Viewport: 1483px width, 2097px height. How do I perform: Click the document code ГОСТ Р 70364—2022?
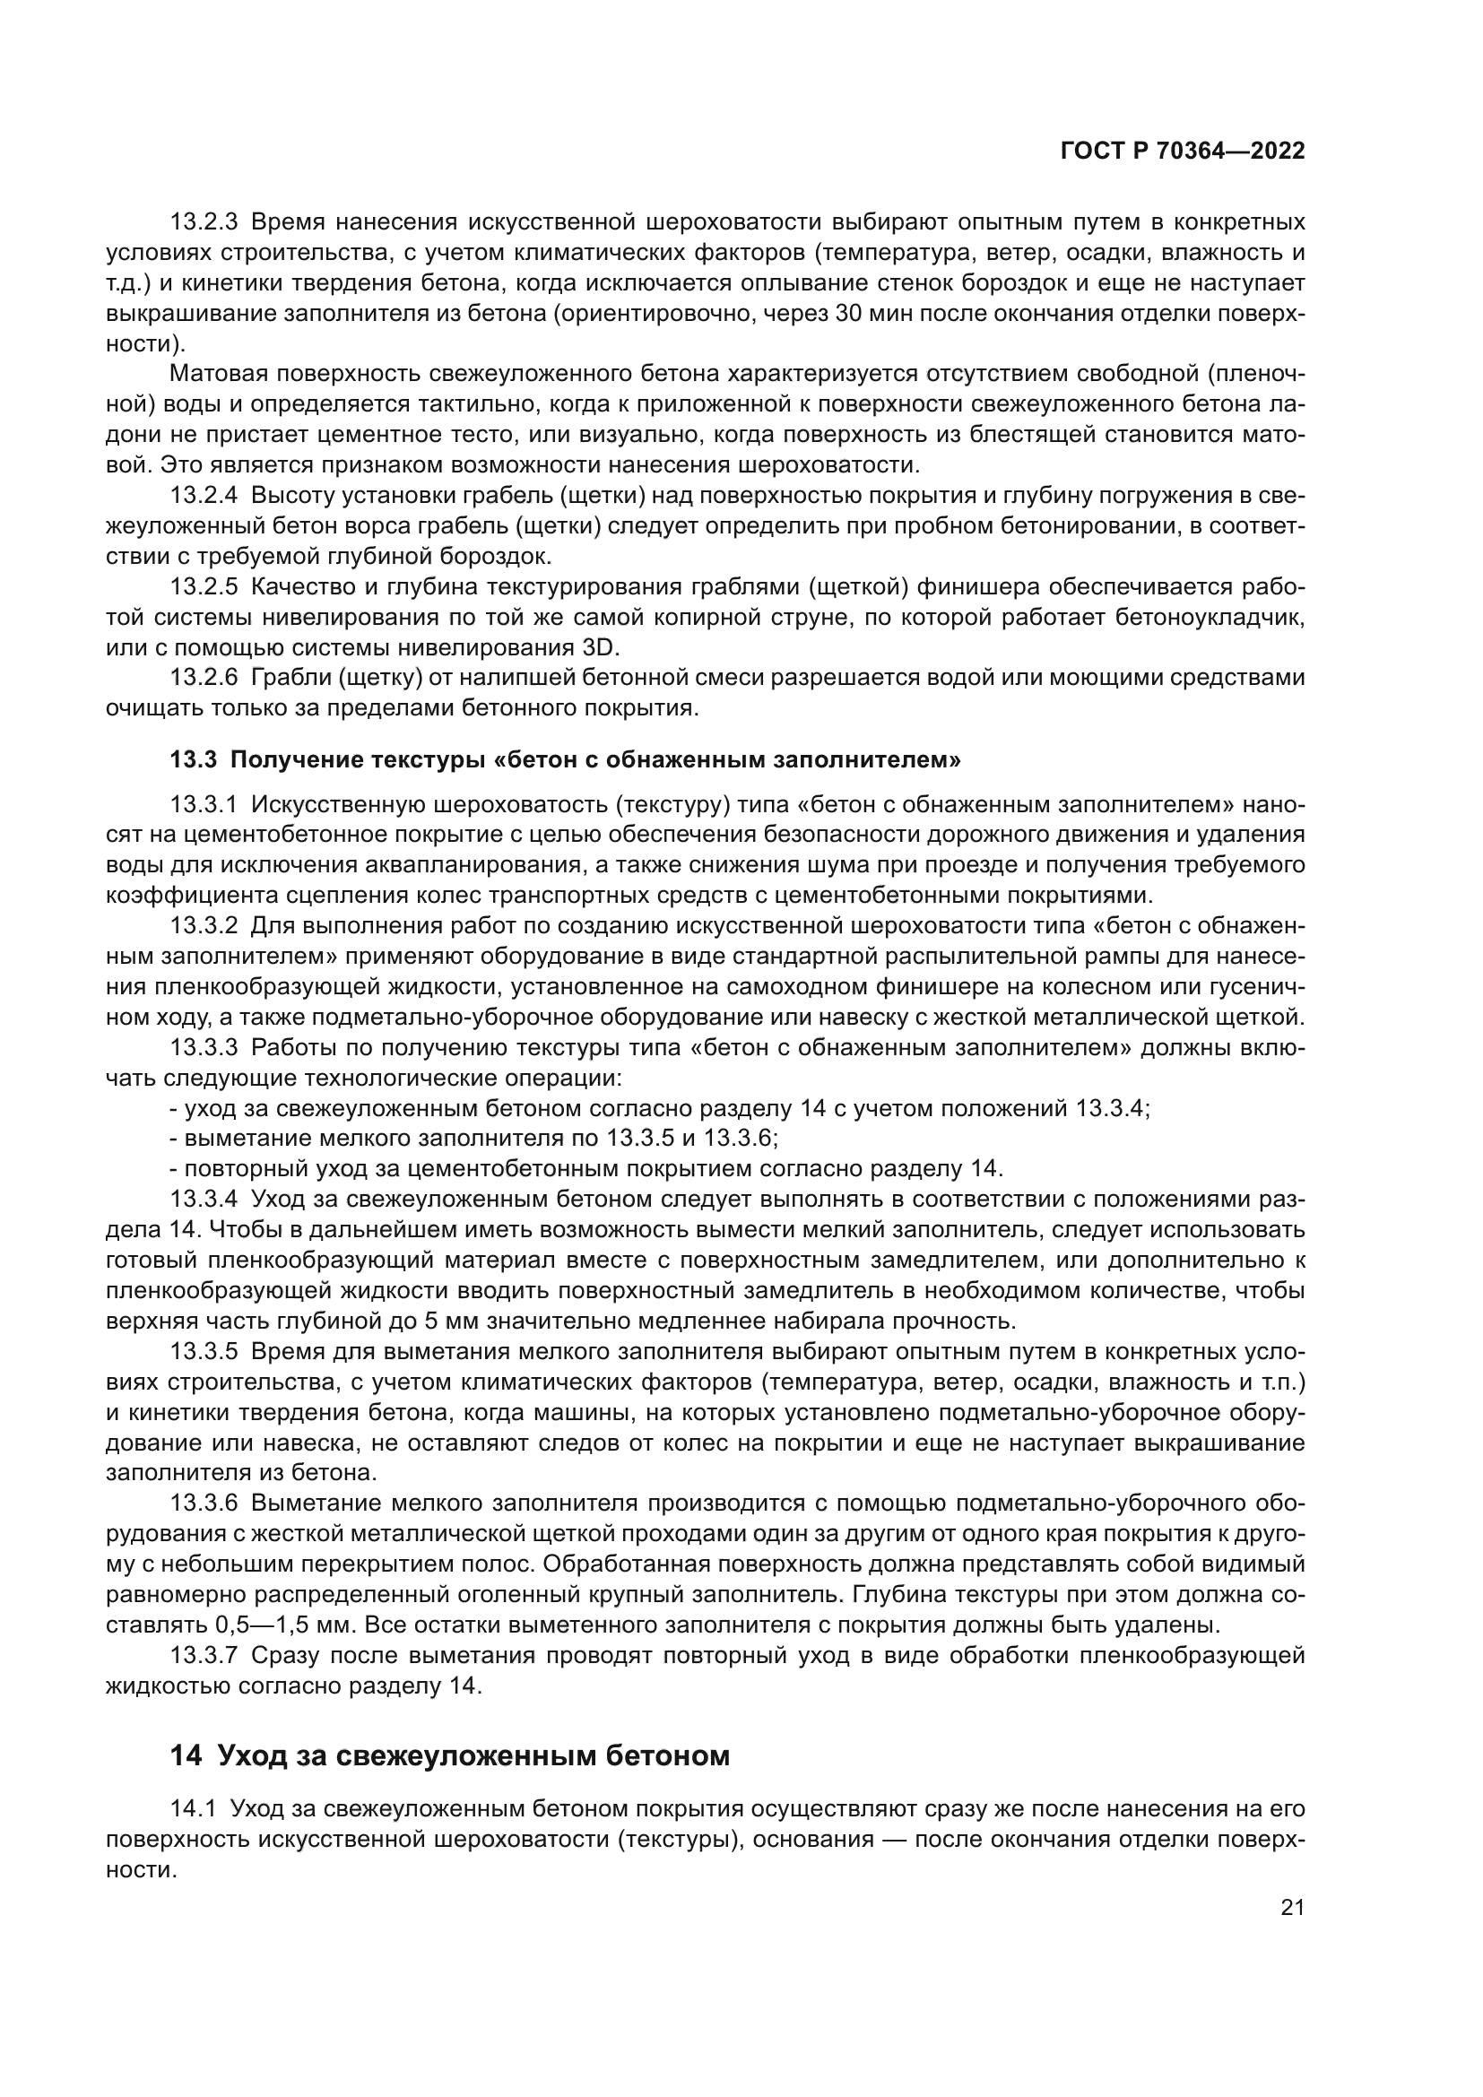click(x=1183, y=152)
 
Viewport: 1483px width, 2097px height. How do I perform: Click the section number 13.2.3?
click(x=204, y=222)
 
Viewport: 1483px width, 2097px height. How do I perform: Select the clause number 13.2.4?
click(x=204, y=496)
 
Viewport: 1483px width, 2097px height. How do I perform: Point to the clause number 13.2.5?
click(x=204, y=586)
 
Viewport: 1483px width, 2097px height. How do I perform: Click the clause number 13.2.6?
click(x=204, y=678)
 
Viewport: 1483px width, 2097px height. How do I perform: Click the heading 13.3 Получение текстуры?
click(x=565, y=760)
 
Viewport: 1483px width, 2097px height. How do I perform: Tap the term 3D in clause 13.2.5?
click(x=600, y=647)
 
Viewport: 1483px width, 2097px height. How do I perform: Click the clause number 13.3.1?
click(x=204, y=804)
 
